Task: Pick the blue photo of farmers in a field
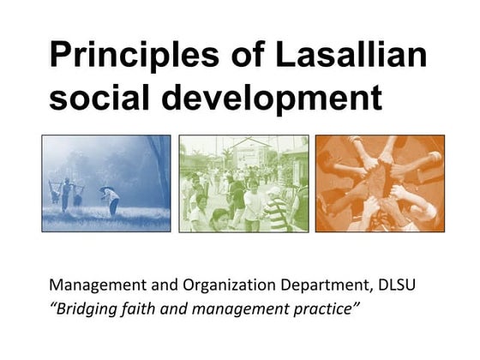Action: tap(106, 183)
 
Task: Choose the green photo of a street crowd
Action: tap(243, 183)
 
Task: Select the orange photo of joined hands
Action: tap(380, 183)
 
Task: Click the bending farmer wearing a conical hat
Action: tap(111, 200)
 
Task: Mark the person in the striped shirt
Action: tap(277, 213)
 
